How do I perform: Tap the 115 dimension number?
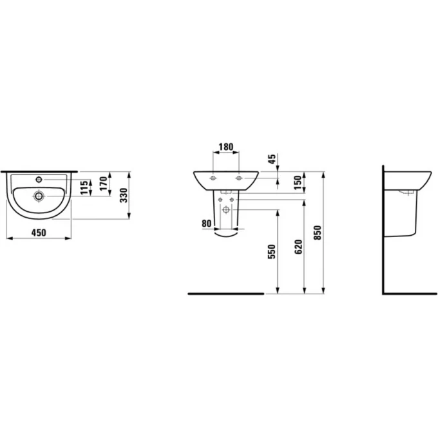coord(84,188)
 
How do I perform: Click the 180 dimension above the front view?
coord(225,147)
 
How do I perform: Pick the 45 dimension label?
coord(272,158)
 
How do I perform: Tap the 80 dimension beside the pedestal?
coord(206,224)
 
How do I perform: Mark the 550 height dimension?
coord(271,251)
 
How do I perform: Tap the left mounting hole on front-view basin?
coord(213,177)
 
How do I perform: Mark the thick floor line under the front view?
coord(225,293)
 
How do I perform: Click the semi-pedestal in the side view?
coord(407,216)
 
